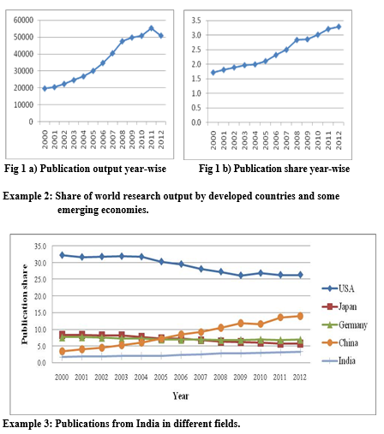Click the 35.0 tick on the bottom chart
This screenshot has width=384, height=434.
click(x=40, y=246)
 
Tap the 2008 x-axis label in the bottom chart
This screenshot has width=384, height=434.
click(x=221, y=377)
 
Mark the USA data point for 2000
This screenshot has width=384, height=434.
click(x=61, y=255)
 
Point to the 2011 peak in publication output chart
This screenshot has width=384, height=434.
click(x=152, y=28)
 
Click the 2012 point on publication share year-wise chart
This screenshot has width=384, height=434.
click(x=338, y=27)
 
